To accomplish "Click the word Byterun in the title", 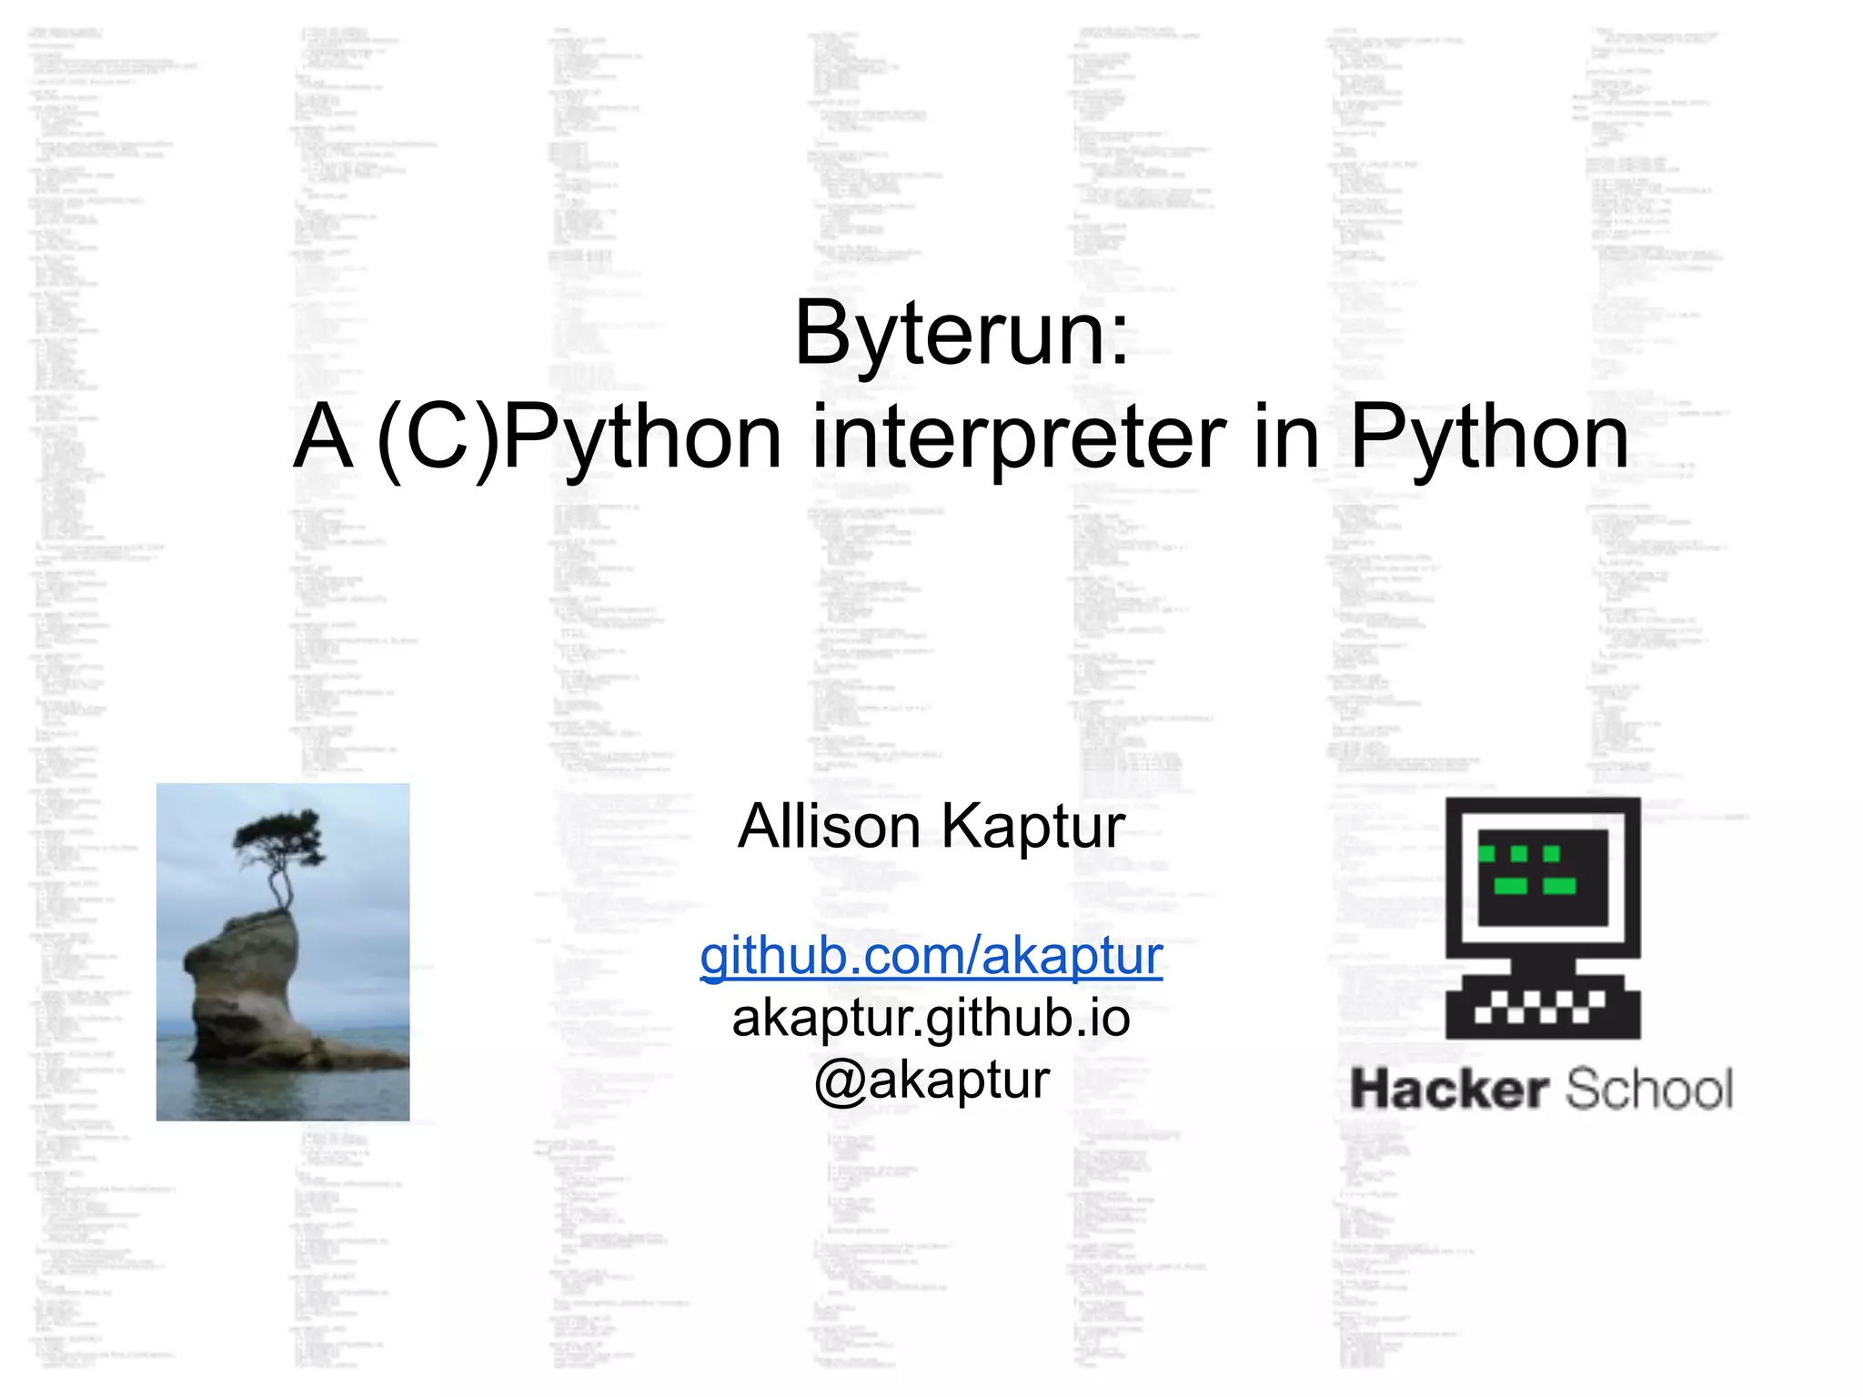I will coord(946,335).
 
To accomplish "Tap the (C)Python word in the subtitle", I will coord(579,438).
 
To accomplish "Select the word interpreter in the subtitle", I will coord(1019,438).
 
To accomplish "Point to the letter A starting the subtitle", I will coord(323,438).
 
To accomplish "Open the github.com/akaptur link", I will coord(931,957).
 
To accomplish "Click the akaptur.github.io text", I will coord(931,1019).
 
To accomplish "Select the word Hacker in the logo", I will coord(1449,1090).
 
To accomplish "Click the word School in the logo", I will coord(1648,1090).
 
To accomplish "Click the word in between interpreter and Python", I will coord(1286,438).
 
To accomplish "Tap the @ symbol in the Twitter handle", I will coord(839,1082).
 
